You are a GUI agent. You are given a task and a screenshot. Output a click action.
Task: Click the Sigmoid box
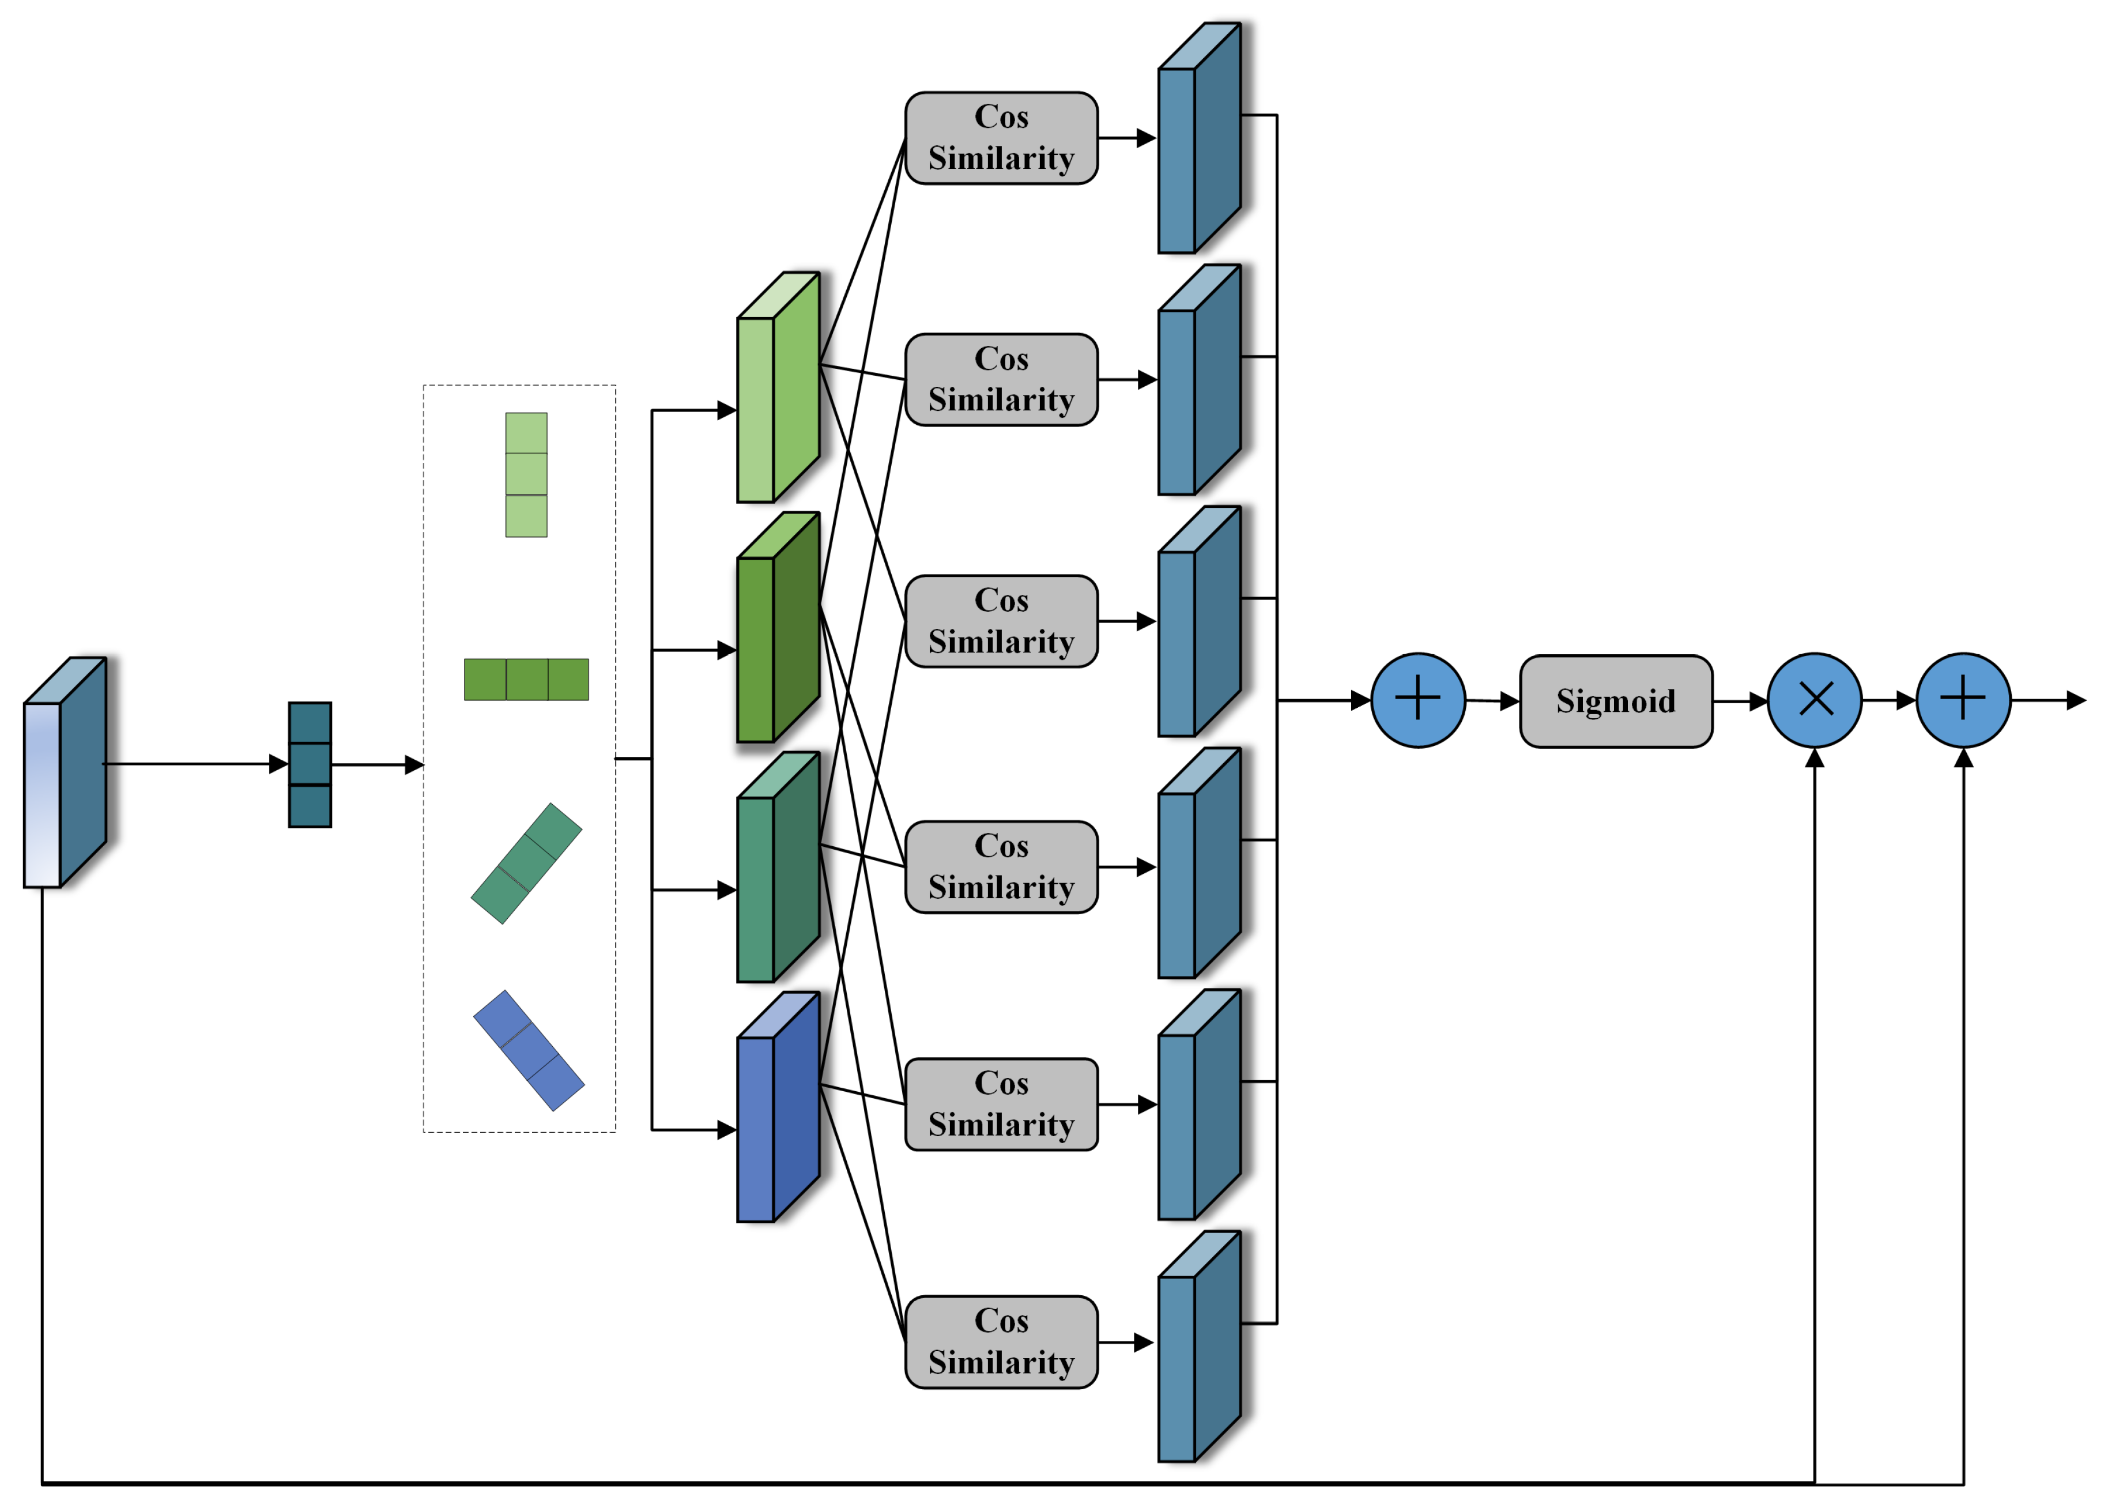tap(1615, 701)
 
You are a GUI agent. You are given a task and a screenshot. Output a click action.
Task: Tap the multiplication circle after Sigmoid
tap(1813, 700)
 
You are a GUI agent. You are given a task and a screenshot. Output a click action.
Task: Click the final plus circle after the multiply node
tap(1962, 700)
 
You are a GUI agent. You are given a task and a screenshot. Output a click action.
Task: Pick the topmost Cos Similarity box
tap(1001, 138)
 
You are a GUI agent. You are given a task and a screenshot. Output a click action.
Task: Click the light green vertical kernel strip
tap(526, 475)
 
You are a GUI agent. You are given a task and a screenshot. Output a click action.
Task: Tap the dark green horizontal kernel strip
tap(526, 679)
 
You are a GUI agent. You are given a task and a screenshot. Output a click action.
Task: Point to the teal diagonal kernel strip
tap(526, 864)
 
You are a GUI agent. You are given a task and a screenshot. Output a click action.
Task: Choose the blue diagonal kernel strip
tap(528, 1050)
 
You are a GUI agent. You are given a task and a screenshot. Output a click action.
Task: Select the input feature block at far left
tap(63, 773)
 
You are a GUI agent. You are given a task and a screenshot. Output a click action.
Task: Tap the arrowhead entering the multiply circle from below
tap(1813, 759)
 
